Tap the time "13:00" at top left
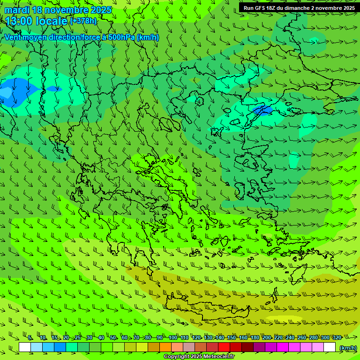click(20, 21)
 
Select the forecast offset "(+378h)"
click(83, 21)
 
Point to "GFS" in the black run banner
click(262, 8)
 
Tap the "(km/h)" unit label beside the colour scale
click(347, 348)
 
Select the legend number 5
click(30, 338)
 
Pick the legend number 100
click(173, 338)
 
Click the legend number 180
click(255, 338)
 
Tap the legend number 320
click(337, 338)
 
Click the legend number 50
click(113, 338)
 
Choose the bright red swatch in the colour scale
click(224, 347)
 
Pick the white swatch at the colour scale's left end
click(25, 347)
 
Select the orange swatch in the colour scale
click(165, 347)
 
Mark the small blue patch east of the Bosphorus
click(262, 111)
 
